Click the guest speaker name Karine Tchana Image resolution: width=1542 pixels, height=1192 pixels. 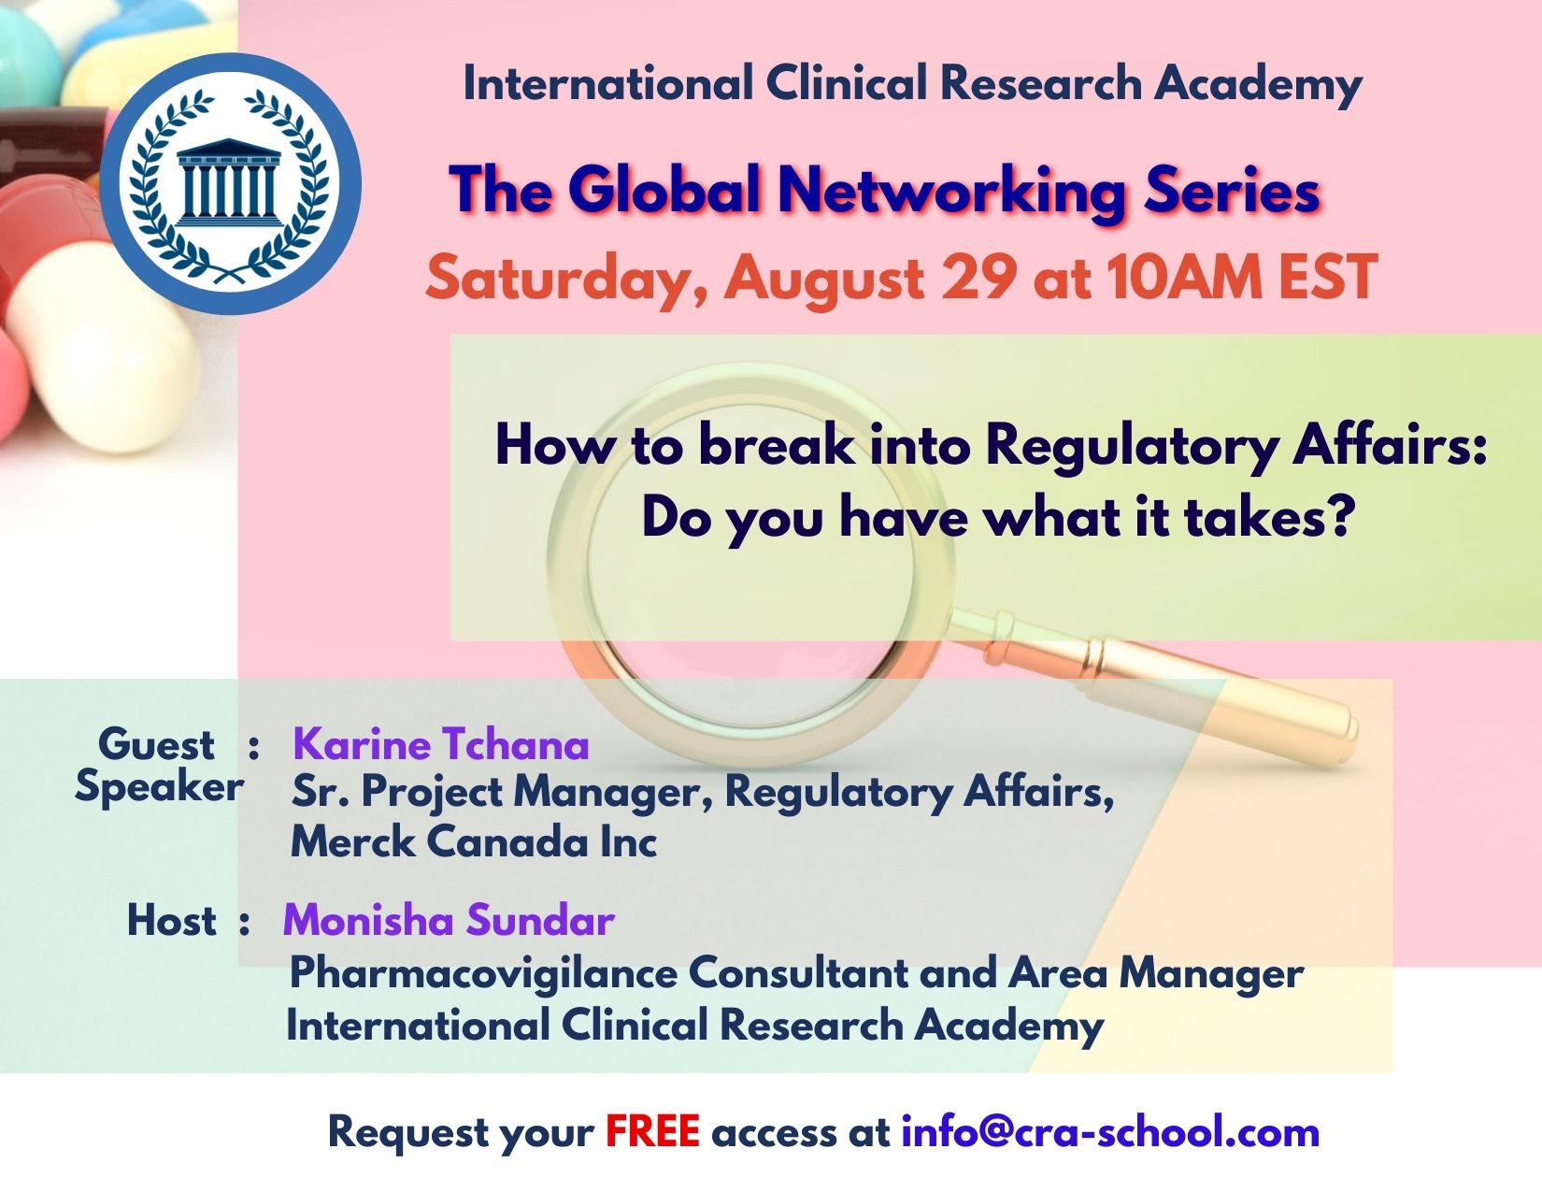440,744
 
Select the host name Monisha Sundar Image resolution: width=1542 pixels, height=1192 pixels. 449,920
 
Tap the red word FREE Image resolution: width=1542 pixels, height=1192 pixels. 652,1131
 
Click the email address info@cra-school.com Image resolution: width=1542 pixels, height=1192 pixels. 1109,1131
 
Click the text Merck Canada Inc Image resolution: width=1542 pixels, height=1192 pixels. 474,841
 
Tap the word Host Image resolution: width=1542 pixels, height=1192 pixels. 171,920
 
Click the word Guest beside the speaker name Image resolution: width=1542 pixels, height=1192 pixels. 156,744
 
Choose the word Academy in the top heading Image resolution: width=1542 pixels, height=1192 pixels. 1258,83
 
